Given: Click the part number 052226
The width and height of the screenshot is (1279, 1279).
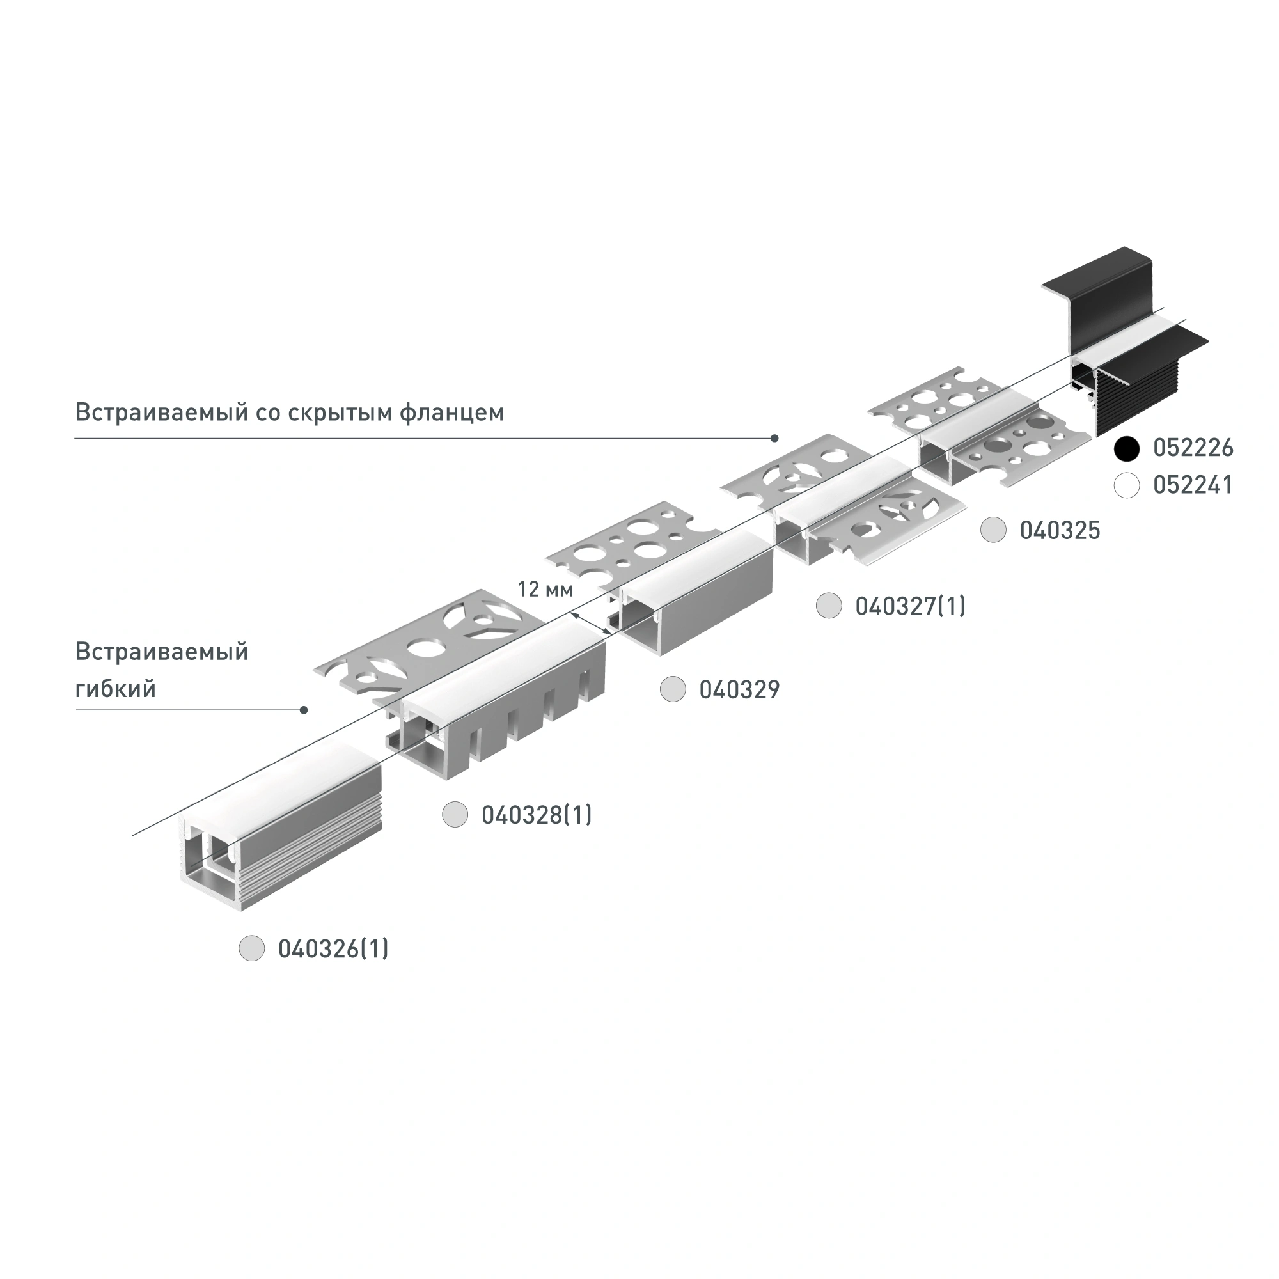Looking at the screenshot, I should (x=1193, y=448).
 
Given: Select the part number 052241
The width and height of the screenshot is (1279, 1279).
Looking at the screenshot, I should (x=1193, y=485).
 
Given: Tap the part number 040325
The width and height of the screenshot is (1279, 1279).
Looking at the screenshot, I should (x=1060, y=530).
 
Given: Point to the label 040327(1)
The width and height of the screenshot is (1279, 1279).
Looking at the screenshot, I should (x=910, y=606).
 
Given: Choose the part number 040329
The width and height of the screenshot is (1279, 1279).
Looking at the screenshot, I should (x=739, y=690).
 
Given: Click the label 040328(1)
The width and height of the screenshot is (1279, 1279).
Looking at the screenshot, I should (x=537, y=815).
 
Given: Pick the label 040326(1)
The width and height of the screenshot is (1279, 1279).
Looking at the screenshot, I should (x=333, y=949).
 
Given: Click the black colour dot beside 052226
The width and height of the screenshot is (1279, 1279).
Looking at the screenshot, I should (x=1126, y=448).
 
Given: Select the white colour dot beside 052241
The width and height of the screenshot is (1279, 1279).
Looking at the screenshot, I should (x=1126, y=485).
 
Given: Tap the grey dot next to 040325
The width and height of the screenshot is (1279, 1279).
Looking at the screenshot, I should (x=993, y=530).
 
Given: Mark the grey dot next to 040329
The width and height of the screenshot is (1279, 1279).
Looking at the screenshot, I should (x=673, y=690).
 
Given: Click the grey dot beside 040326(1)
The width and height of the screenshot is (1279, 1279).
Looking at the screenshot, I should (x=251, y=948).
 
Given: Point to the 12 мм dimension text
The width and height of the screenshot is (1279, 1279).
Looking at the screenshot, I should (x=545, y=588).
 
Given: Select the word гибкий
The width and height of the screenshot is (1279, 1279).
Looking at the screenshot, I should (x=116, y=689).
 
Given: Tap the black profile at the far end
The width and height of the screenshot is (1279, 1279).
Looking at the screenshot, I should (x=1126, y=344).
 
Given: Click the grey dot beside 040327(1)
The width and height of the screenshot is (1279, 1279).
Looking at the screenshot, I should (x=828, y=606).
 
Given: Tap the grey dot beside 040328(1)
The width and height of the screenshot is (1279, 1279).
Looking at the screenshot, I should (x=455, y=814).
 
